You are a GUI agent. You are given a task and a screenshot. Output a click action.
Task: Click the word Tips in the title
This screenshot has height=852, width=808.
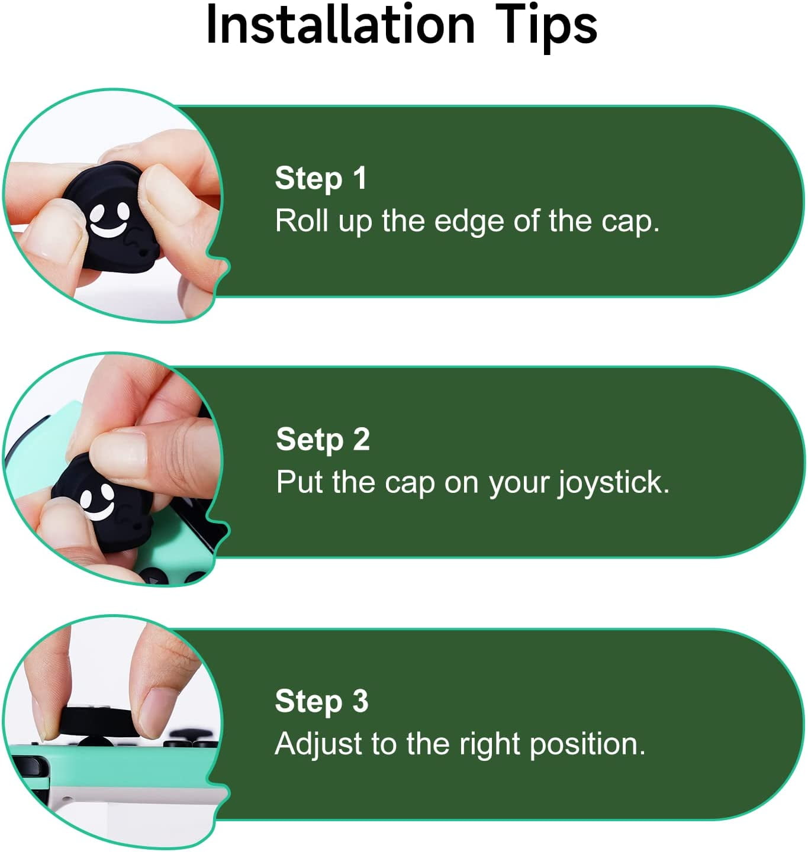tap(546, 27)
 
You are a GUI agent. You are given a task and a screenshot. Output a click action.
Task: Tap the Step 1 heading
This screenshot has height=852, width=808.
tap(321, 178)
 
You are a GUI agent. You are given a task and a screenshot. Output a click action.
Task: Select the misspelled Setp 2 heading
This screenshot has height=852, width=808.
tap(323, 440)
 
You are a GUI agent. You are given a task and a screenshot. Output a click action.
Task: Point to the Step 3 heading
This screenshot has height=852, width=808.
tap(322, 701)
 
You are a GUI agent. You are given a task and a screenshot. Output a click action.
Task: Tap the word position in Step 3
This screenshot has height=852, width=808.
tap(588, 745)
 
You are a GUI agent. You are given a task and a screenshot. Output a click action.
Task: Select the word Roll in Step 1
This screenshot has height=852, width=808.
tap(301, 221)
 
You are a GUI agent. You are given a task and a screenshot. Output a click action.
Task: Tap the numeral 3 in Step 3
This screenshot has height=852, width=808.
tap(360, 701)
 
